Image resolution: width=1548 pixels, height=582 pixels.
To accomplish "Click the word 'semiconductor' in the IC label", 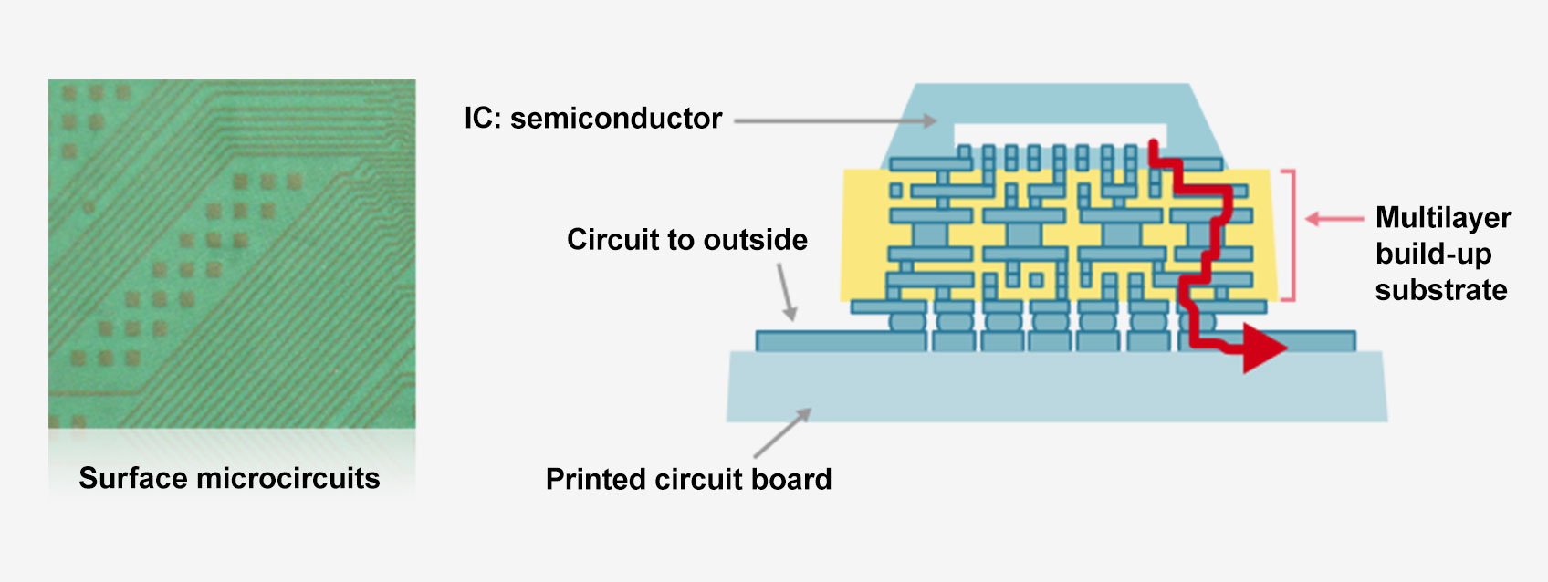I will point(616,119).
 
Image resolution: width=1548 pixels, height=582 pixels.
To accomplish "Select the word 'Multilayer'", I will point(1443,217).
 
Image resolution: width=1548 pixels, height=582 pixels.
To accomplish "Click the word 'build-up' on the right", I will point(1433,254).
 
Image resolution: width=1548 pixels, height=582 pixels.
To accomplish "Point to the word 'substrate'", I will point(1441,290).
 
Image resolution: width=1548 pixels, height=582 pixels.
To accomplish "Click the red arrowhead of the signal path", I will point(1263,348).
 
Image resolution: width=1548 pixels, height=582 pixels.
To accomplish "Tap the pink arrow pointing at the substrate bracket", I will point(1334,219).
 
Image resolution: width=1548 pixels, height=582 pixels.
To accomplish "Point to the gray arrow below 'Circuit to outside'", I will point(787,292).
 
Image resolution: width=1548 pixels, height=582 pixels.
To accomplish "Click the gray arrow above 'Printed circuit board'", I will point(782,433).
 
